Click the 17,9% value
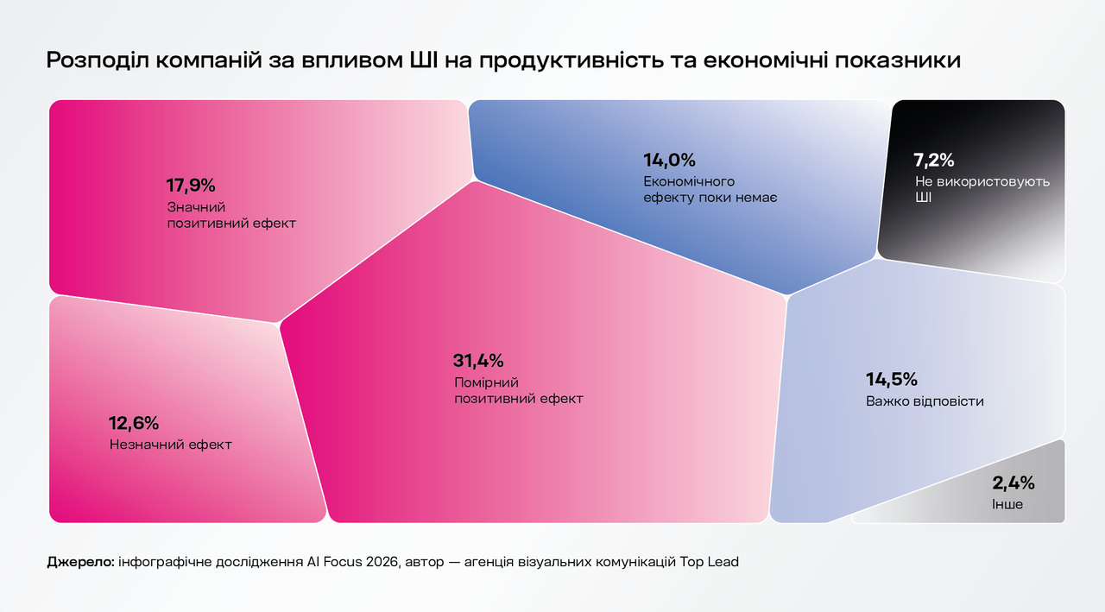[190, 185]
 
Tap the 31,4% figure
[477, 361]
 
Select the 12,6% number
[133, 423]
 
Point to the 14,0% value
[669, 160]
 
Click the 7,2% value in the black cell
[933, 160]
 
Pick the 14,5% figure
[891, 380]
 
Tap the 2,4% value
[1013, 483]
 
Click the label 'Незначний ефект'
[171, 445]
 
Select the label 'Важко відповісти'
[925, 401]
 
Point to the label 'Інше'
[1007, 503]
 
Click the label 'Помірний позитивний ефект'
[518, 391]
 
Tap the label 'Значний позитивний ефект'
[230, 215]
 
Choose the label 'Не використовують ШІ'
[982, 190]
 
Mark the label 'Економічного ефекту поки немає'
[710, 190]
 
